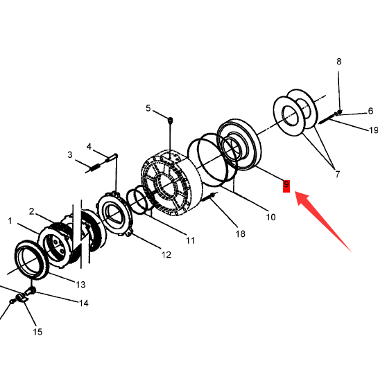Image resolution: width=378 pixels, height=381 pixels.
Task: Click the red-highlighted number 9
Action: click(286, 186)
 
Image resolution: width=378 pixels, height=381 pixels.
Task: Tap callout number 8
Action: click(339, 62)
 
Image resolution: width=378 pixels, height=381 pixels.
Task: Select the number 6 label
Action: click(370, 111)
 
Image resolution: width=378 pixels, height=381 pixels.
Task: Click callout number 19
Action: click(374, 130)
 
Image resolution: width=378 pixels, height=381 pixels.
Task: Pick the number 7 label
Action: click(337, 174)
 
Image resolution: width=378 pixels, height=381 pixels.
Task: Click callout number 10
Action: click(270, 217)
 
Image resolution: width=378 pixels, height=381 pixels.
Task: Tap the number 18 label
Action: click(240, 233)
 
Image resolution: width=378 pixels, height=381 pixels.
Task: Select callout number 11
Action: click(191, 240)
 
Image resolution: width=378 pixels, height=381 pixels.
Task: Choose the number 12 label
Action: click(166, 255)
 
